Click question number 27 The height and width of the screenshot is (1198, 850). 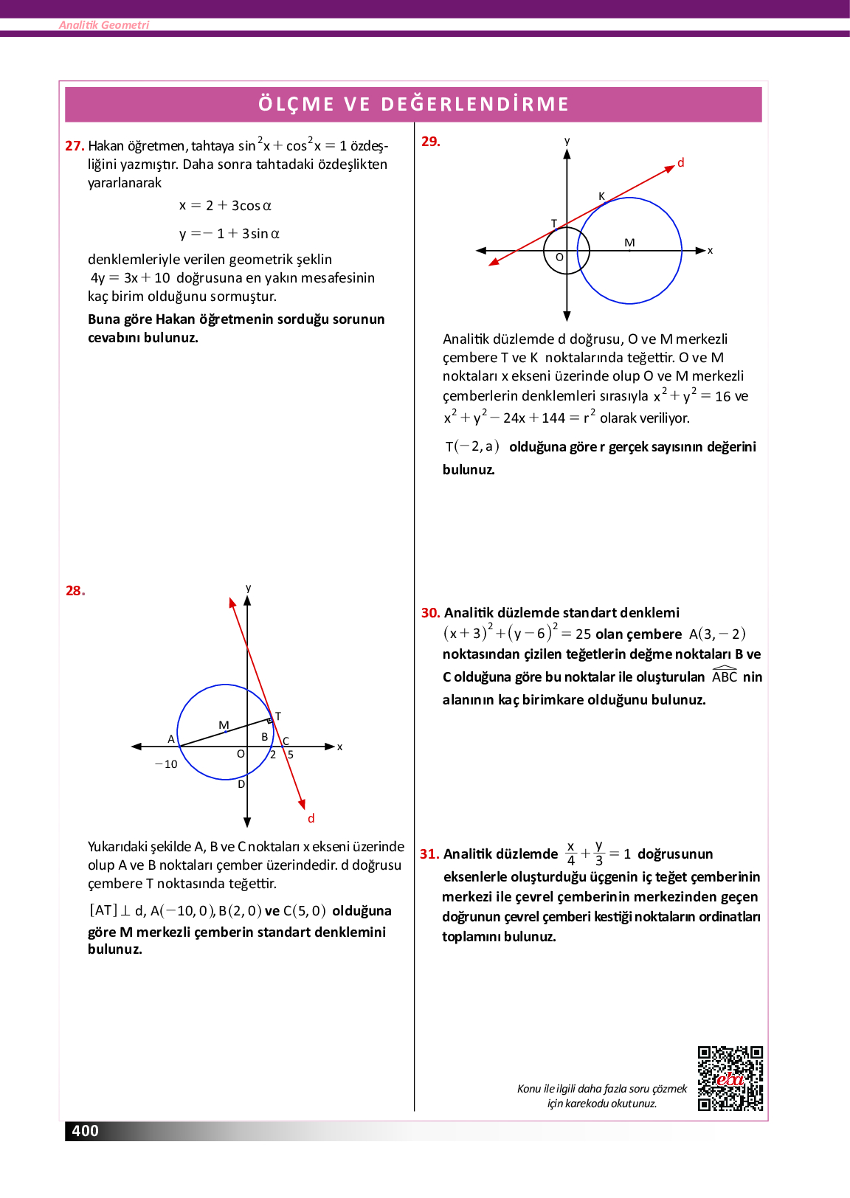point(75,146)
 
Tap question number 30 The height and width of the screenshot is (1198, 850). point(430,613)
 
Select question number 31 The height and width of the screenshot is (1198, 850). point(429,854)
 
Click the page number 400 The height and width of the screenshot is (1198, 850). point(85,1131)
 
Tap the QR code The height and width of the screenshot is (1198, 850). point(730,1078)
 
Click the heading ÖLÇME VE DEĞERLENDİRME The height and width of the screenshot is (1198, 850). point(413,104)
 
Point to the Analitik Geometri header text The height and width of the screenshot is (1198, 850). point(104,25)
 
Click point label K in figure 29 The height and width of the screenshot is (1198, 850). point(601,196)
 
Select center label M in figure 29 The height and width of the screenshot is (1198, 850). point(629,243)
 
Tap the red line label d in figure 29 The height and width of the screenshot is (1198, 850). point(680,162)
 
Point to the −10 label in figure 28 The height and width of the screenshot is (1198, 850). point(166,764)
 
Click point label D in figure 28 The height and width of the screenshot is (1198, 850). point(241,784)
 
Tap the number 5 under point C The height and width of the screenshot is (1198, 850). point(291,755)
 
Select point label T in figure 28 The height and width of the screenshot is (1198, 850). point(278,716)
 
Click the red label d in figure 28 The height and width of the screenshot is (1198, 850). point(311,818)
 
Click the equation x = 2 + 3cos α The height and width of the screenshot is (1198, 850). point(225,206)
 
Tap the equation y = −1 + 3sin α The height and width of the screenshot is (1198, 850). point(229,234)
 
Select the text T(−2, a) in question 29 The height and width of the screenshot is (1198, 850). point(472,446)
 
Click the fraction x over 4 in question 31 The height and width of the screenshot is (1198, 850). point(570,854)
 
